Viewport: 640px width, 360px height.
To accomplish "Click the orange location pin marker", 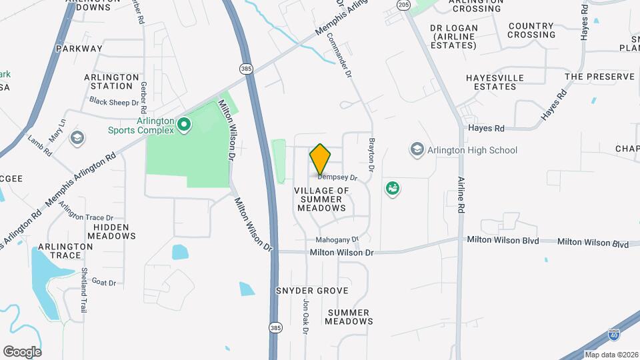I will pyautogui.click(x=320, y=159).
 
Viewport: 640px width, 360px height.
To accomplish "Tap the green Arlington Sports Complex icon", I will pyautogui.click(x=183, y=123).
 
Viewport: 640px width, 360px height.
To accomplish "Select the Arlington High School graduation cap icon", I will pyautogui.click(x=417, y=149).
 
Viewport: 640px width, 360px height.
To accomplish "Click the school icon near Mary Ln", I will pyautogui.click(x=77, y=138).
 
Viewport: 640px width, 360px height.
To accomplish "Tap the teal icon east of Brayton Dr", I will pyautogui.click(x=393, y=189).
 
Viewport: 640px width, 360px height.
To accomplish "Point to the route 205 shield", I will pyautogui.click(x=403, y=5).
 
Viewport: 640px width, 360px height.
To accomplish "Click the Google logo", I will pyautogui.click(x=22, y=351).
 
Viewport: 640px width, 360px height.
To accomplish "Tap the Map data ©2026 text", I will pyautogui.click(x=611, y=355).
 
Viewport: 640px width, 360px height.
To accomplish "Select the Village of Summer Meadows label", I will pyautogui.click(x=322, y=199).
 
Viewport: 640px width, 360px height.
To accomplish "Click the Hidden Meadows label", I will pyautogui.click(x=111, y=231).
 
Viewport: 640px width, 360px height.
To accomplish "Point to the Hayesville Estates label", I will pyautogui.click(x=495, y=83).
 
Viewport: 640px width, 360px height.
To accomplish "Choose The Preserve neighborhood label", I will pyautogui.click(x=599, y=77).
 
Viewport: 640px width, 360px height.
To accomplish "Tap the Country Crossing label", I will pyautogui.click(x=531, y=31).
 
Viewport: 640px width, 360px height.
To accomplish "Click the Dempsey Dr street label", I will pyautogui.click(x=337, y=178).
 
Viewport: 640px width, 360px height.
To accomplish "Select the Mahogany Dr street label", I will pyautogui.click(x=337, y=239).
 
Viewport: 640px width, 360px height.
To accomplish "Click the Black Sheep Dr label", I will pyautogui.click(x=114, y=103).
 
